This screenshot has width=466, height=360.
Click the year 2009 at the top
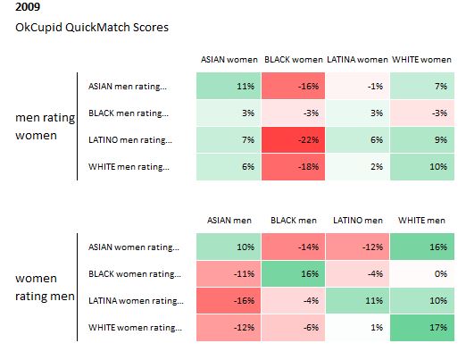pyautogui.click(x=28, y=6)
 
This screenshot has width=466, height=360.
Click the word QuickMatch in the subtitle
pyautogui.click(x=97, y=28)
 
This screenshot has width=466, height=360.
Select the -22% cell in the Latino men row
pyautogui.click(x=293, y=140)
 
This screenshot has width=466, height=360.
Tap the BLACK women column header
pyautogui.click(x=294, y=60)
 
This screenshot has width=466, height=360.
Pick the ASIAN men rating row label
pyautogui.click(x=128, y=87)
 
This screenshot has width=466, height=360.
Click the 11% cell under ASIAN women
pyautogui.click(x=229, y=86)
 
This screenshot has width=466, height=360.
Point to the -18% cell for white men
pyautogui.click(x=293, y=167)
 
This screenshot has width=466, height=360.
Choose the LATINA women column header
pyautogui.click(x=357, y=60)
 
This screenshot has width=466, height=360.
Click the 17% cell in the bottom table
pyautogui.click(x=422, y=328)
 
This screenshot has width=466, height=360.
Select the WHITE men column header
pyautogui.click(x=421, y=221)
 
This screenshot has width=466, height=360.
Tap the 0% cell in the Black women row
pyautogui.click(x=422, y=274)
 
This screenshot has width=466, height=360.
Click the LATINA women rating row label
pyautogui.click(x=136, y=301)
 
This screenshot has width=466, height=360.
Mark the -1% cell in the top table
pyautogui.click(x=357, y=86)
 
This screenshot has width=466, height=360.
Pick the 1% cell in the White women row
pyautogui.click(x=357, y=328)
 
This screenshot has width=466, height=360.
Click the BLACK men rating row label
pyautogui.click(x=129, y=113)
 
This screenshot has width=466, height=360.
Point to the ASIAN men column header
pyautogui.click(x=229, y=221)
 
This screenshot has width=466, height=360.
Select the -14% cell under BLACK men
pyautogui.click(x=293, y=247)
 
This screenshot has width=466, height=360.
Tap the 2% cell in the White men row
pyautogui.click(x=357, y=167)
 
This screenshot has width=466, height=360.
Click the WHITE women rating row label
pyautogui.click(x=135, y=328)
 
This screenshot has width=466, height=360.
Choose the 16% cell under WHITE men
pyautogui.click(x=422, y=247)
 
